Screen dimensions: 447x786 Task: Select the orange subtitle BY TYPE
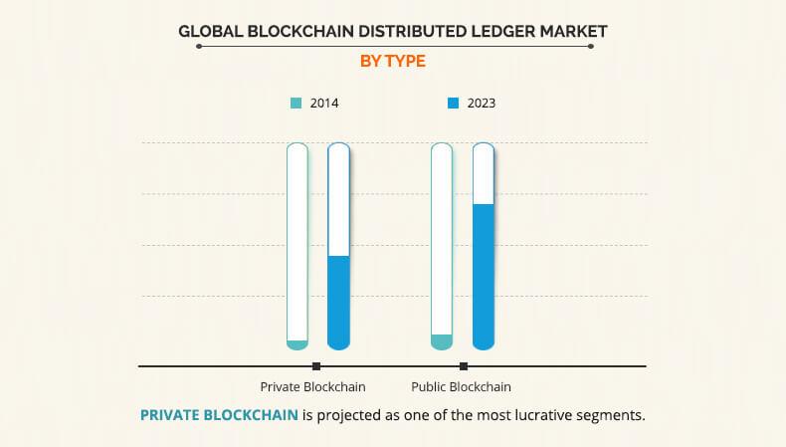[x=392, y=61]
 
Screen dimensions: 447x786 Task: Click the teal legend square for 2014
[x=295, y=103]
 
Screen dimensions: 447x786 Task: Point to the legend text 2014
[x=323, y=103]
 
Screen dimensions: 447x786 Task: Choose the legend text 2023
[x=481, y=103]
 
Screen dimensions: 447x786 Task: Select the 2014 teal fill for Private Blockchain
[x=297, y=344]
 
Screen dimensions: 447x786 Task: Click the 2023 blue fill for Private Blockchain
[x=339, y=303]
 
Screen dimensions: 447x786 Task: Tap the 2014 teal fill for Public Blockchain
[x=442, y=341]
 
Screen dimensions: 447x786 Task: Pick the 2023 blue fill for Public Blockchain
[x=484, y=277]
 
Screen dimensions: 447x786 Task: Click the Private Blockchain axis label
[x=312, y=386]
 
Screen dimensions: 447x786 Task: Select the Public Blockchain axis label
[x=461, y=386]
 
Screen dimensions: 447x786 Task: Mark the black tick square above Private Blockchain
[x=316, y=366]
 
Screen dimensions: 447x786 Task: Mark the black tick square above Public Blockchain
[x=464, y=366]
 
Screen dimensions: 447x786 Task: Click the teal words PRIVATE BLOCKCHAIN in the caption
[x=219, y=415]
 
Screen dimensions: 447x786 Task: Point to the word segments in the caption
[x=614, y=415]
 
